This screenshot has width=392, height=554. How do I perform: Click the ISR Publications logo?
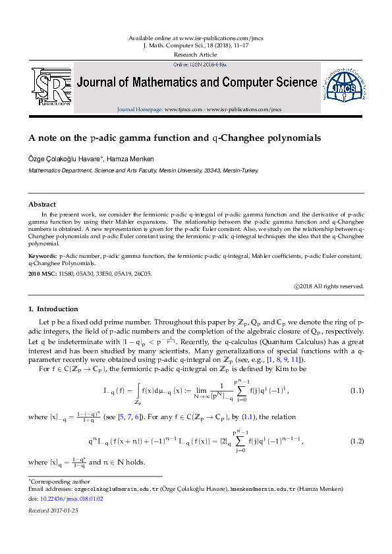pos(51,86)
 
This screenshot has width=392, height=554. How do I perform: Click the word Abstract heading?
pos(42,205)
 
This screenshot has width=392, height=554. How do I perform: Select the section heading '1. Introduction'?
pos(53,309)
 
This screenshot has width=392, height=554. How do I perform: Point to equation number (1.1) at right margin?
pos(356,391)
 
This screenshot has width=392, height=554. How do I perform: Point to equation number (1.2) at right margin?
pos(356,441)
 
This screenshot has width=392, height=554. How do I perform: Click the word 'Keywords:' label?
pos(43,255)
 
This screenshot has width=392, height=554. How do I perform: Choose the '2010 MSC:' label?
pos(43,273)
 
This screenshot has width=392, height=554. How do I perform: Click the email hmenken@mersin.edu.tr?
pos(259,490)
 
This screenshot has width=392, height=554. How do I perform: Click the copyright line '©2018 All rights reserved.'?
pos(329,286)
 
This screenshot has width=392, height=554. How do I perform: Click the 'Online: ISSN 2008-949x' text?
pos(199,66)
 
